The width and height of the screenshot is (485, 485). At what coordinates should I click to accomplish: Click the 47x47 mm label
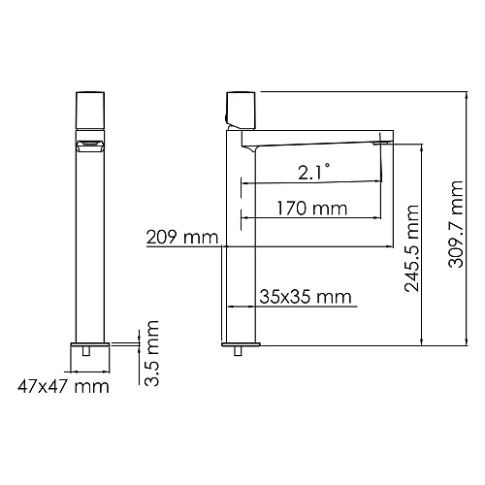[x=64, y=386]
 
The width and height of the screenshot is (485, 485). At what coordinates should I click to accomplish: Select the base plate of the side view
[x=241, y=345]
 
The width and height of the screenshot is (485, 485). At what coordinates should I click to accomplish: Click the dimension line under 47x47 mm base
[x=93, y=372]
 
